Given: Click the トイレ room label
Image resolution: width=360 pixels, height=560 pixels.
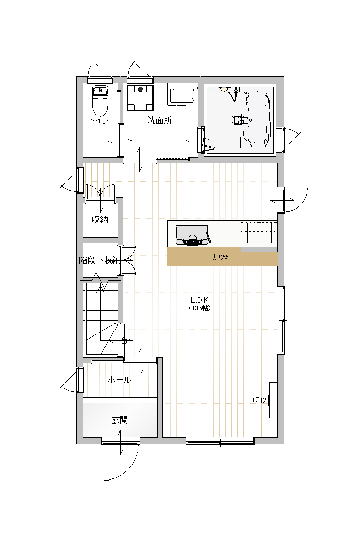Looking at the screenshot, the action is (99, 120).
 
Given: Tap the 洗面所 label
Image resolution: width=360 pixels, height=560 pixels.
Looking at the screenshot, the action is (159, 120).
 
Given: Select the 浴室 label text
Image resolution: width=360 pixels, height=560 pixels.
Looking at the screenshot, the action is (239, 120).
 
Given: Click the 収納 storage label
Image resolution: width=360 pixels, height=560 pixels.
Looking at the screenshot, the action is (100, 220).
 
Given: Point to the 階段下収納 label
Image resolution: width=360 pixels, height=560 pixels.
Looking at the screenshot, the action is (100, 260).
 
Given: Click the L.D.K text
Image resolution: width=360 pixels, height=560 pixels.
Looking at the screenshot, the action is (199, 300).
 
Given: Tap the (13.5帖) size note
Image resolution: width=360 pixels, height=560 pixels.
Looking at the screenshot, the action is (200, 308).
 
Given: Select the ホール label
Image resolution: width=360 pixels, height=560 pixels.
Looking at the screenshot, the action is (120, 380).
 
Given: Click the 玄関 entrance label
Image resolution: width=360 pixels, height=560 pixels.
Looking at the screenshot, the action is (120, 420).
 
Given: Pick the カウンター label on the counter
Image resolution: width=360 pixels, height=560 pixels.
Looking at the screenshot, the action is (222, 257).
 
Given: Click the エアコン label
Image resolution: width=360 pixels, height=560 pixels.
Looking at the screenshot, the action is (259, 400).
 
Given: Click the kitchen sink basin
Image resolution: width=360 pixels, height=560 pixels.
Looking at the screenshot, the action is (192, 235).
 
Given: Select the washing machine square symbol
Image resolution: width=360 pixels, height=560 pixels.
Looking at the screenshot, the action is (141, 98).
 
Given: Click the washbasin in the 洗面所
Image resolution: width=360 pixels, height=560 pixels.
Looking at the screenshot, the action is (182, 95).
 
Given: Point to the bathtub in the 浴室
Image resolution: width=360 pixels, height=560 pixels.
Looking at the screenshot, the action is (257, 120).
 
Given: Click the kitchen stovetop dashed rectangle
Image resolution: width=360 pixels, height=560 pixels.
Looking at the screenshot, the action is (259, 232).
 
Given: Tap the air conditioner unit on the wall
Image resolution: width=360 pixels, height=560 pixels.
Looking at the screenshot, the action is (273, 400).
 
